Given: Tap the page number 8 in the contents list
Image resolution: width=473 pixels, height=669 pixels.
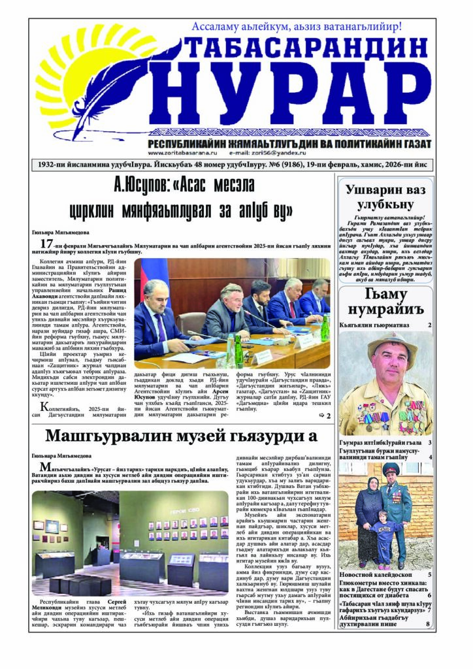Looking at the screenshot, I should point(428,625).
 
